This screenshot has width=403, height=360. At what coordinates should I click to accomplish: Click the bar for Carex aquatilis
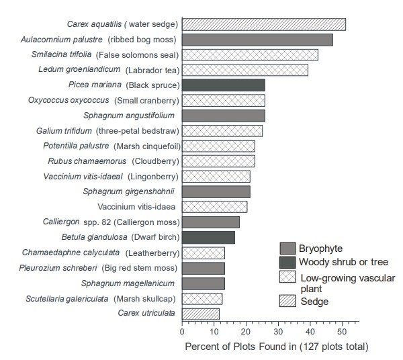tap(263, 25)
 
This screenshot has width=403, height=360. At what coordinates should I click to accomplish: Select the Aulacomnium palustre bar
tap(257, 40)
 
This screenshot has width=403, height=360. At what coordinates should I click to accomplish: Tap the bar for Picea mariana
tap(223, 85)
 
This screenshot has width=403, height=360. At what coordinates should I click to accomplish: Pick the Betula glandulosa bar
tap(208, 237)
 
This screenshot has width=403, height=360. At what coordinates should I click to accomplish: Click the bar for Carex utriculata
tap(200, 314)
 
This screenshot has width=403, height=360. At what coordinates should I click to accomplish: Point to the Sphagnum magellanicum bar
tap(203, 283)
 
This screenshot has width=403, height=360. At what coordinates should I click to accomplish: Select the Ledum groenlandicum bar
tap(244, 70)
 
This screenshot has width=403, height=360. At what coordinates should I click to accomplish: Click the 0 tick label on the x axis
tap(182, 330)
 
